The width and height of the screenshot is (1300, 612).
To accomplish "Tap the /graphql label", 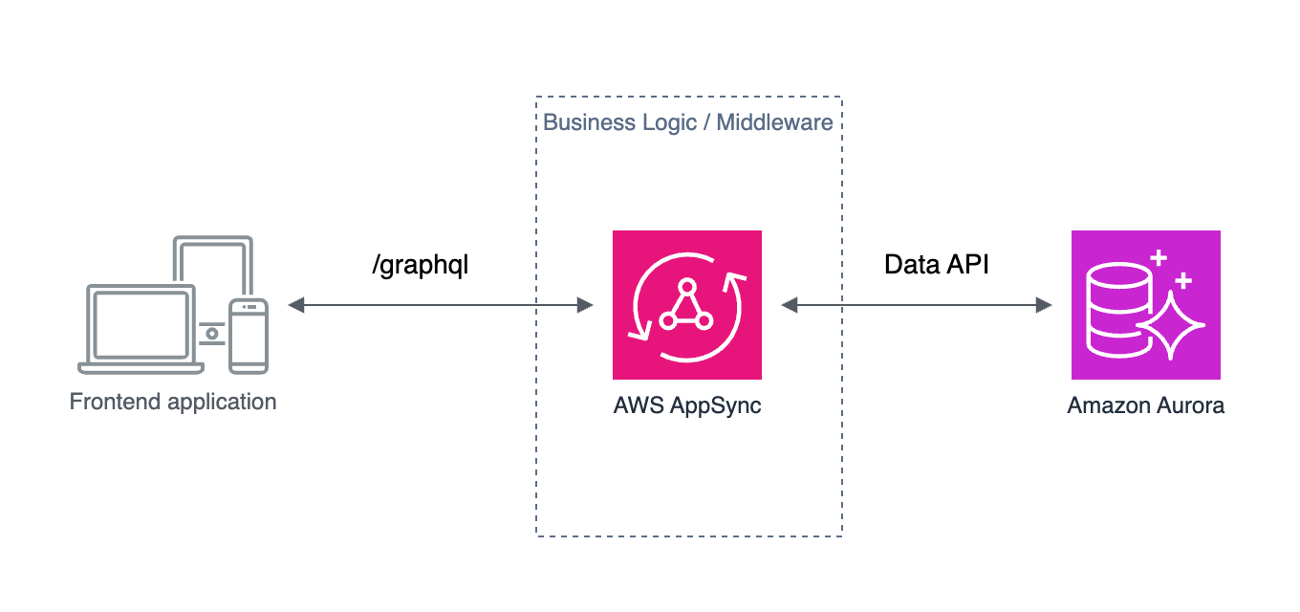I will (421, 265).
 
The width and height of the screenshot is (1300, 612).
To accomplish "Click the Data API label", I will (936, 265).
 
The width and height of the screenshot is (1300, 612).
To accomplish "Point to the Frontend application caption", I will (173, 402).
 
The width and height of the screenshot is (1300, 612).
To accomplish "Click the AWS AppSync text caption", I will (686, 405).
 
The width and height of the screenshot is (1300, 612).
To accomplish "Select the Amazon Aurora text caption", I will (1145, 405).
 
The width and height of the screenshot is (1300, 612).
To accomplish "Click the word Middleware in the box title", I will (774, 122).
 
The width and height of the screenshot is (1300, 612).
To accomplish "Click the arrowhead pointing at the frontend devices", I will (296, 305).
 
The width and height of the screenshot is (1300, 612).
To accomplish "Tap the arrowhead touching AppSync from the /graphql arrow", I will (584, 305).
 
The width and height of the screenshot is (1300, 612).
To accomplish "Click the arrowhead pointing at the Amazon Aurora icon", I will (1043, 305).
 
